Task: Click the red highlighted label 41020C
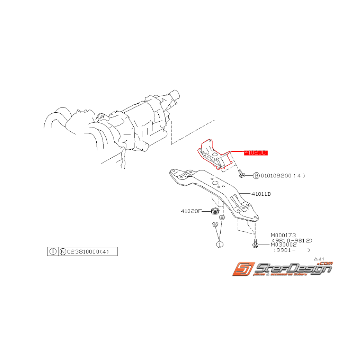pyautogui.click(x=255, y=153)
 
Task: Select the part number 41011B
pyautogui.click(x=261, y=193)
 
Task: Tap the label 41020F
pyautogui.click(x=191, y=211)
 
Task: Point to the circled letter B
pyautogui.click(x=256, y=176)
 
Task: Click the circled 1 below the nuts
pyautogui.click(x=220, y=244)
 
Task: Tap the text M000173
pyautogui.click(x=284, y=236)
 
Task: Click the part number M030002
pyautogui.click(x=284, y=244)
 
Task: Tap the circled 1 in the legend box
pyautogui.click(x=52, y=251)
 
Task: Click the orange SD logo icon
pyautogui.click(x=242, y=269)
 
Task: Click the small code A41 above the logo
pyautogui.click(x=319, y=259)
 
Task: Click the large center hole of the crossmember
pyautogui.click(x=214, y=182)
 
